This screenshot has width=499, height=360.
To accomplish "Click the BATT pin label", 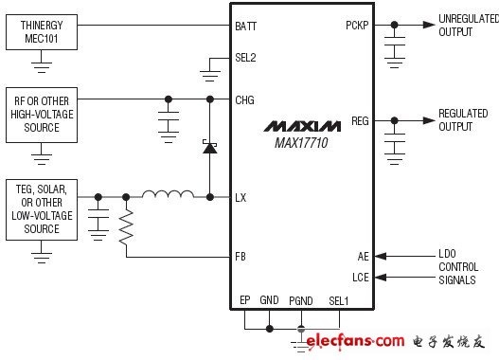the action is pos(245,27).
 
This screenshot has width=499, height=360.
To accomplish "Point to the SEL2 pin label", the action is pos(245,58).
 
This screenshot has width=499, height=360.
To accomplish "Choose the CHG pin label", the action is pos(244,100).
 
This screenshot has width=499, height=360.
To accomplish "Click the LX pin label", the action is pos(241,198).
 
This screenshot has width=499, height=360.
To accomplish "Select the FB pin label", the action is pos(241,257).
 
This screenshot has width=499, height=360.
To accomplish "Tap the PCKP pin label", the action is pos(357,26).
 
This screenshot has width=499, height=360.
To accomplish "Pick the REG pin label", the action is pos(360,121).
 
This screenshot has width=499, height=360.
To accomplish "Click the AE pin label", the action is pos(363,257).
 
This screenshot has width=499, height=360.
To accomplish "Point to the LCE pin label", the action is pos(361,278).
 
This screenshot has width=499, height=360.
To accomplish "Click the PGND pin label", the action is pos(301,301).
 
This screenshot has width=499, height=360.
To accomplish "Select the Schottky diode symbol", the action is pos(209,147).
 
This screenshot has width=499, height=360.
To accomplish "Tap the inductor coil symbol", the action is pos(168,194).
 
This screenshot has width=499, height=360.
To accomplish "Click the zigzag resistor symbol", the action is pos(126,227).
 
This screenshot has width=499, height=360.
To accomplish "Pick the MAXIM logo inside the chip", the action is pos(302,126).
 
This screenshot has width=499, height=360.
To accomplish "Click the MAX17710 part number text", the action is pos(301,143).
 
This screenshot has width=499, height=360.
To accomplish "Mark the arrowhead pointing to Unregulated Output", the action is pos(429,25).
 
